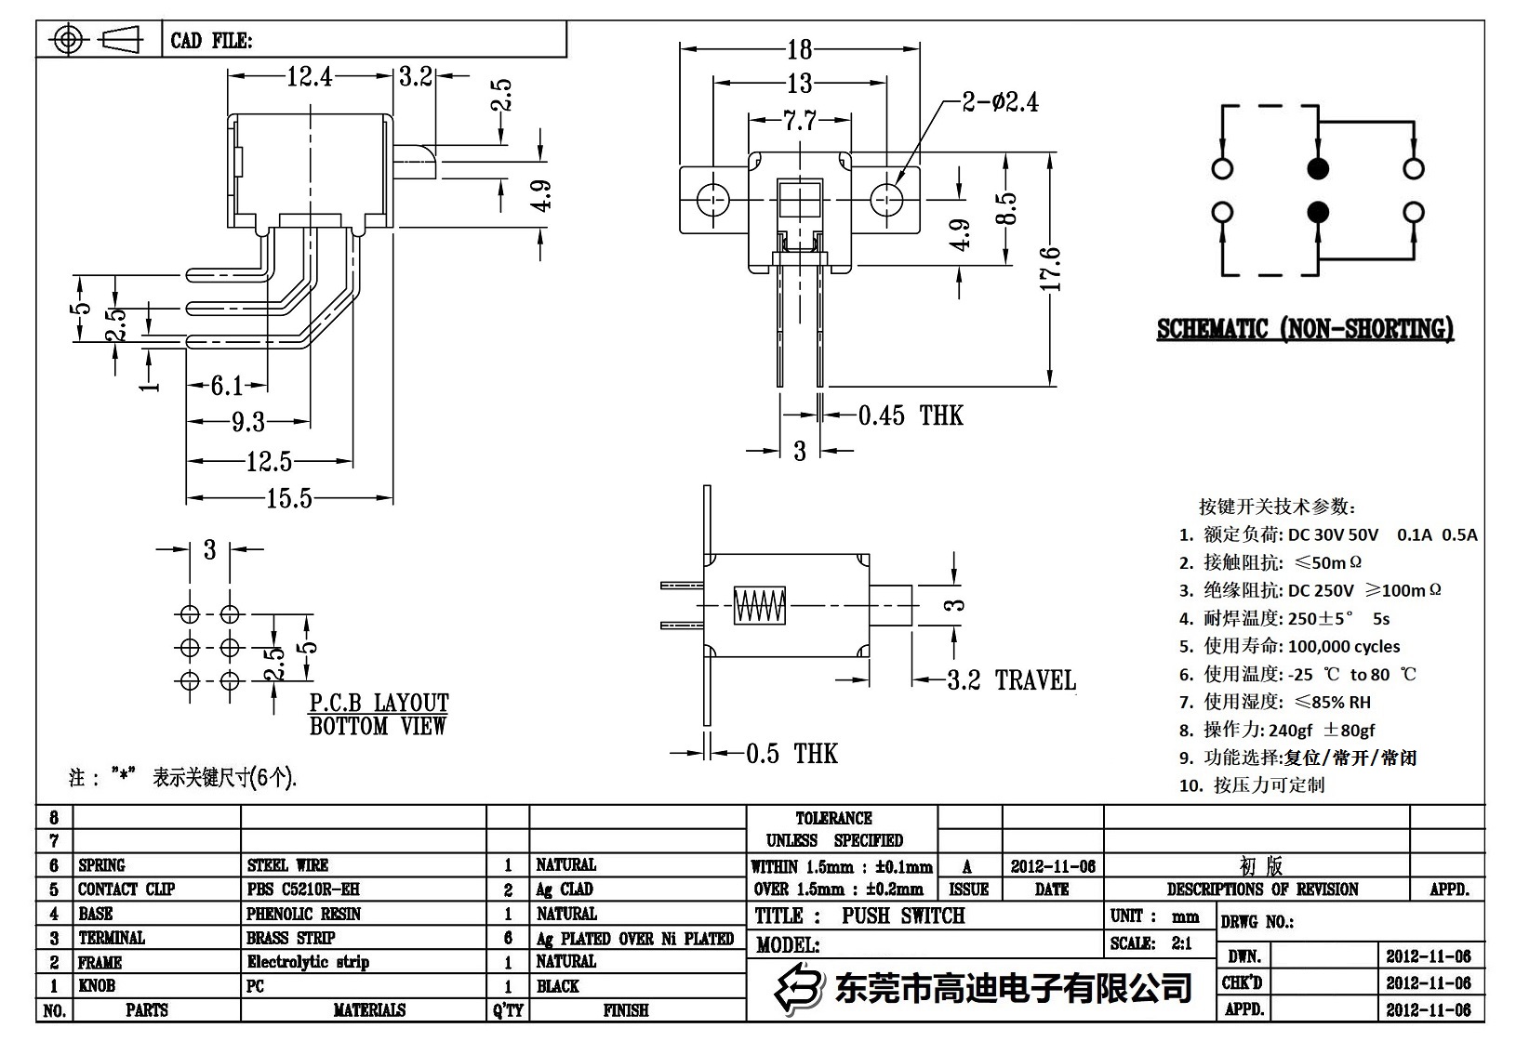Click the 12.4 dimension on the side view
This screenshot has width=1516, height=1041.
309,76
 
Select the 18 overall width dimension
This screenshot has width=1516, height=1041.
799,48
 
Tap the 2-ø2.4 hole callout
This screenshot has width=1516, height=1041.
1000,101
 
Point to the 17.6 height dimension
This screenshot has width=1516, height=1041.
1051,269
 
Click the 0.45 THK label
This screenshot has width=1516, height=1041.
910,415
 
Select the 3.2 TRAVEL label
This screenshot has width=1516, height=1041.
1011,680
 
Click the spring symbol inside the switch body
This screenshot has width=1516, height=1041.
759,606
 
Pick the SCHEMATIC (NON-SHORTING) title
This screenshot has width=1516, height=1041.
1304,329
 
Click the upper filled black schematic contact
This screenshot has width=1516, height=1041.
1318,168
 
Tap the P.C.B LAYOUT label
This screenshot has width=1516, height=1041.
379,703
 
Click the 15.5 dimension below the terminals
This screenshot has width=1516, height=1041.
288,499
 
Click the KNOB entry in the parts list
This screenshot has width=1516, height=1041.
97,986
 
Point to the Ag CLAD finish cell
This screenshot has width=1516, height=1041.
564,889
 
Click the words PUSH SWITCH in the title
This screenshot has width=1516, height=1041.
903,916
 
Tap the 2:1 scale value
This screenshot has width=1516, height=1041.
1181,943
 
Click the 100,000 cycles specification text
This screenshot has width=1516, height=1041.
1343,646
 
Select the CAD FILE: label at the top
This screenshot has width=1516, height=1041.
211,41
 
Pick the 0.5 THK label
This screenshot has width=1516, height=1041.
791,753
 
